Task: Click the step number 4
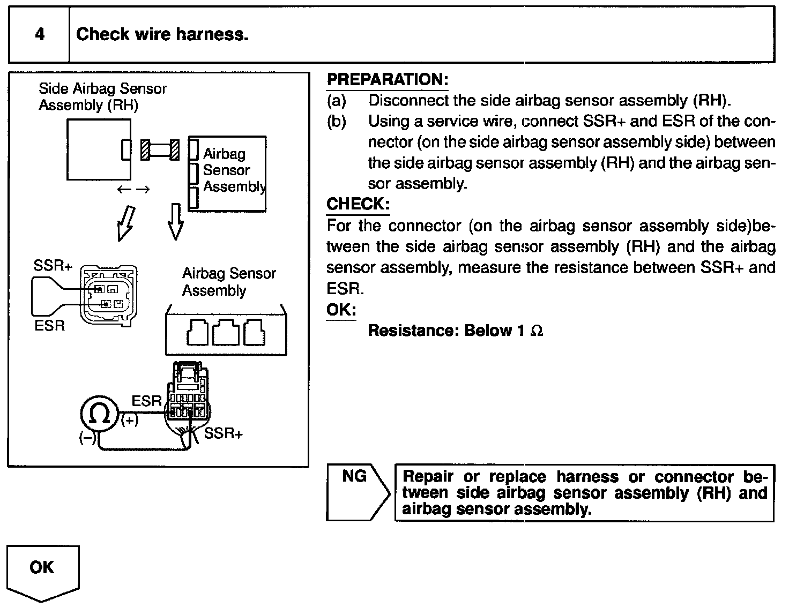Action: [40, 35]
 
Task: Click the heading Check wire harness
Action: [162, 35]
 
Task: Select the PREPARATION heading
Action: [387, 80]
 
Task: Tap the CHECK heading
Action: [358, 204]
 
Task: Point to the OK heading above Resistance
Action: [341, 310]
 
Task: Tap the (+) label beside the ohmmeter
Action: [129, 421]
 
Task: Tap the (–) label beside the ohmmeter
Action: [87, 438]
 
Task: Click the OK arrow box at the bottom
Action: [42, 569]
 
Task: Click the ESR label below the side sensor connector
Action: [49, 326]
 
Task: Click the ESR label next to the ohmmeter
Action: [146, 401]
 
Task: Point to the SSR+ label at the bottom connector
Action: [223, 433]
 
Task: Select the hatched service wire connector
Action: [159, 149]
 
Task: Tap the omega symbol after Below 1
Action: [536, 331]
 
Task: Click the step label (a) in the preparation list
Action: [336, 101]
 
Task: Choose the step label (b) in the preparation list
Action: [336, 122]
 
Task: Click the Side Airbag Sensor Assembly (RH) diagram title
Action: [102, 96]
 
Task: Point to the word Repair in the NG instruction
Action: [427, 477]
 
